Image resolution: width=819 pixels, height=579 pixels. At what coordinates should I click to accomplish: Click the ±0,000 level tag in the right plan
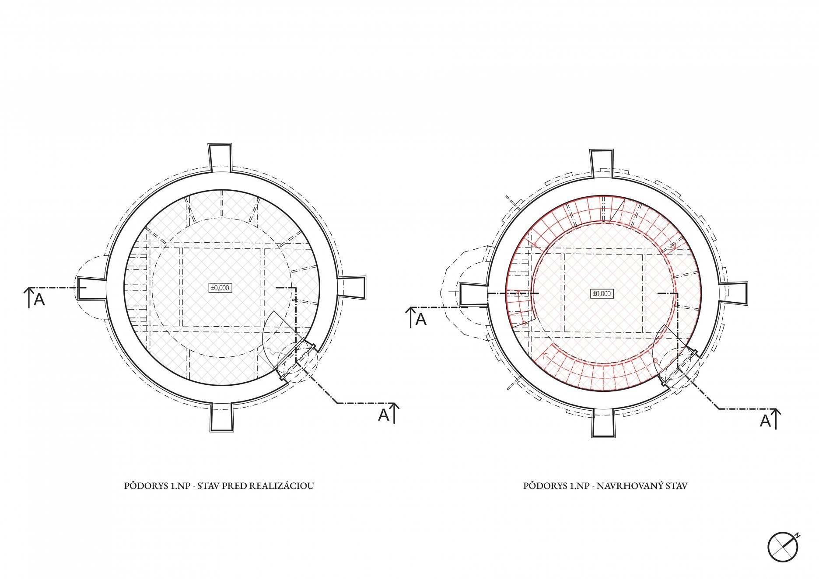point(602,293)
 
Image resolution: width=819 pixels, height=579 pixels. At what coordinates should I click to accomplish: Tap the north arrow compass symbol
point(783,547)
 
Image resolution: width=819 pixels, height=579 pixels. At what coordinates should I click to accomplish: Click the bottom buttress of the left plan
point(222,417)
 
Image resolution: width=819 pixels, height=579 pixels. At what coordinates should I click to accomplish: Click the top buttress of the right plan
point(602,164)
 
